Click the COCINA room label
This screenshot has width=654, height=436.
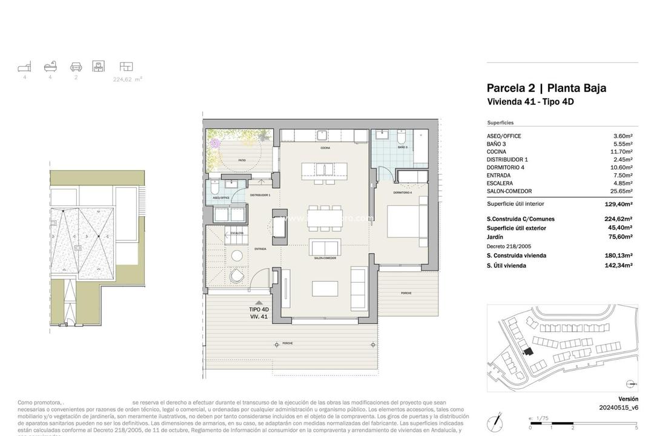point(325,148)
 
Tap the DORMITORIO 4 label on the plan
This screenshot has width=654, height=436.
point(403,193)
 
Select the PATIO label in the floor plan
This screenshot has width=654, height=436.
point(242,160)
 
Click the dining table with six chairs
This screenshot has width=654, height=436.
point(325,218)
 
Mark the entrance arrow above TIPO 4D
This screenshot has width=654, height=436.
point(259,302)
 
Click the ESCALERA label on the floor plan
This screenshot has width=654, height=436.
point(237,233)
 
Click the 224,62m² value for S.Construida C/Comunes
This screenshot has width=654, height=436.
point(618,219)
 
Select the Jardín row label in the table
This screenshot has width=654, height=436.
point(495,237)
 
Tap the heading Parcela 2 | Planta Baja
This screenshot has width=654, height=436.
point(546,88)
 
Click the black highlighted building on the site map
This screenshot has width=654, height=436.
point(528,351)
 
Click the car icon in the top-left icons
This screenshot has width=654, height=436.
point(76,67)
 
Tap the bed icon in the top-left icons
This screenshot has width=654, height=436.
point(24,67)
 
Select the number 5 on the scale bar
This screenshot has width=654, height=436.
point(636,428)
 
